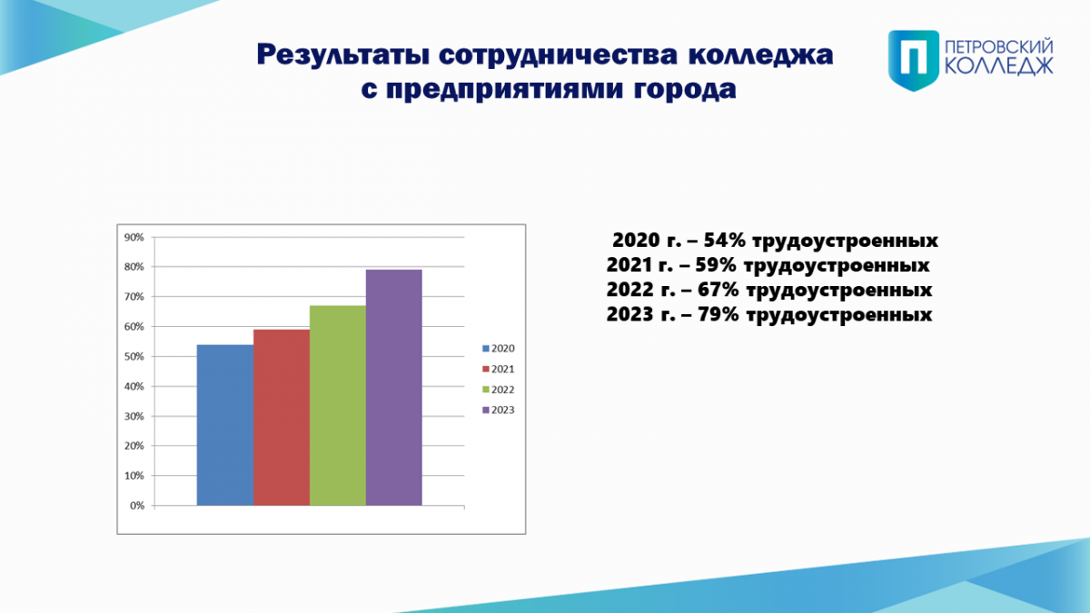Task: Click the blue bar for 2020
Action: (x=225, y=425)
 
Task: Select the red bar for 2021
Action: (x=282, y=418)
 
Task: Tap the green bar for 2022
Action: (x=338, y=406)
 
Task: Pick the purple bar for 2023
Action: (x=394, y=388)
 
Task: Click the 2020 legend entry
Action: (x=499, y=349)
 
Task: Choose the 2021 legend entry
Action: (x=499, y=370)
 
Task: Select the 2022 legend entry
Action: (x=499, y=390)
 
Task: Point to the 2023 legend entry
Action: (x=499, y=410)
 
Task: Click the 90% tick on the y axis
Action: (x=134, y=237)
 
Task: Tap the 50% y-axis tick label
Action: (x=134, y=357)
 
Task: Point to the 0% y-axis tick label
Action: (x=137, y=506)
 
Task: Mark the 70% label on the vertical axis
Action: (x=134, y=297)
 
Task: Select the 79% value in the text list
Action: (x=718, y=315)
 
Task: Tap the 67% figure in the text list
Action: (x=718, y=290)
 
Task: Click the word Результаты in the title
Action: (x=343, y=55)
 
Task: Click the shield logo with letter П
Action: (x=914, y=60)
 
